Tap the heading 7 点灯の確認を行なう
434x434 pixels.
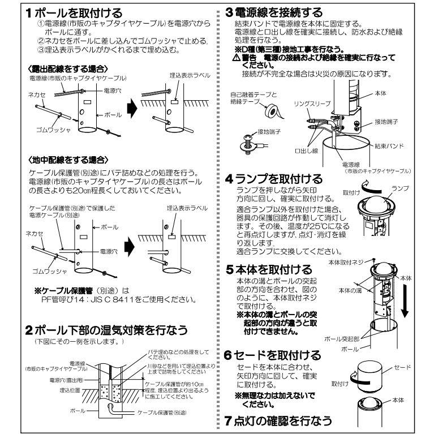coord(277,422)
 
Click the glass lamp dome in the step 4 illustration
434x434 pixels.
coord(374,206)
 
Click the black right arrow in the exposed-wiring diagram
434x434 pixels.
coord(131,106)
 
